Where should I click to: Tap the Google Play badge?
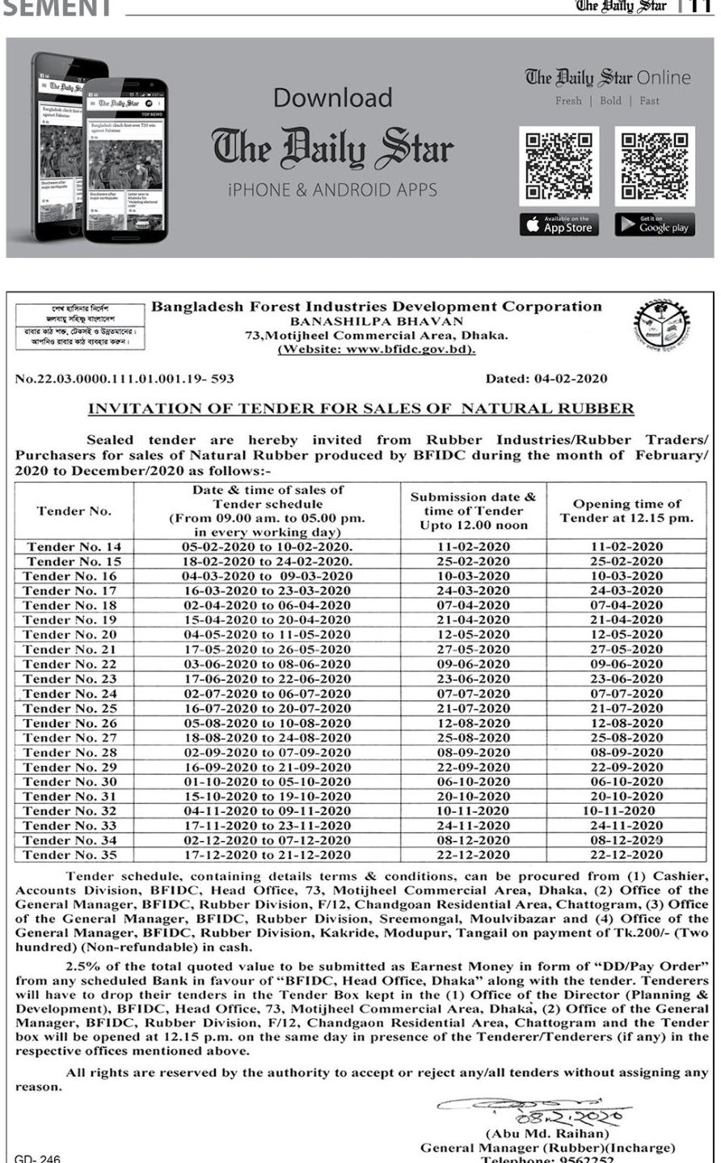pyautogui.click(x=655, y=226)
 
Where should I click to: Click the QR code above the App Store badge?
pyautogui.click(x=559, y=167)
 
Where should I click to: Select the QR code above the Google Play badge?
pyautogui.click(x=655, y=167)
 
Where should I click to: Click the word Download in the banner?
pyautogui.click(x=332, y=98)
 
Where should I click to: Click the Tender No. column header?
pyautogui.click(x=74, y=511)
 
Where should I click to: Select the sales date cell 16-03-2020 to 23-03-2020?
pyautogui.click(x=266, y=590)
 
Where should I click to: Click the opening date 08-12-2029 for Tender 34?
pyautogui.click(x=626, y=840)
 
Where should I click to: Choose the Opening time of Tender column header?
pyautogui.click(x=626, y=511)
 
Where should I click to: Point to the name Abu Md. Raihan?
pyautogui.click(x=547, y=1134)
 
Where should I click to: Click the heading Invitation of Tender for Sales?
pyautogui.click(x=360, y=408)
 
